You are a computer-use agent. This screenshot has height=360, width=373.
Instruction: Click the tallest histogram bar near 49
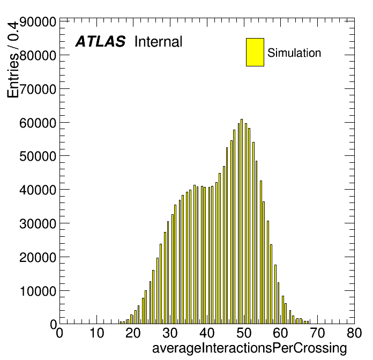pyautogui.click(x=242, y=221)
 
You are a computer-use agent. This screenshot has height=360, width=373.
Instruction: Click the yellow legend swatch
pyautogui.click(x=255, y=52)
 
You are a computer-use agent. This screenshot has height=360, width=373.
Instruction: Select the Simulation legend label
pyautogui.click(x=294, y=53)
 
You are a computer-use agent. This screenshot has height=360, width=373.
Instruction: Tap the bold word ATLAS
pyautogui.click(x=100, y=41)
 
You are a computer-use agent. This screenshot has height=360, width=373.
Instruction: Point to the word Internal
pyautogui.click(x=159, y=42)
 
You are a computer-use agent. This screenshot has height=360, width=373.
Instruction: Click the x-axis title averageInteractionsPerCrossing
pyautogui.click(x=250, y=348)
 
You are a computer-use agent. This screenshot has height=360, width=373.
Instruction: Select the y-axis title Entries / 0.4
pyautogui.click(x=13, y=59)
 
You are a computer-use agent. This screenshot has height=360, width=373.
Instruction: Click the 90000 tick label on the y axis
pyautogui.click(x=38, y=22)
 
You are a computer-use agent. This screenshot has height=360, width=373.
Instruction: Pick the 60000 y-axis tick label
pyautogui.click(x=38, y=123)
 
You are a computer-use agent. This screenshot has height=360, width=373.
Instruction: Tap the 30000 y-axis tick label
pyautogui.click(x=38, y=224)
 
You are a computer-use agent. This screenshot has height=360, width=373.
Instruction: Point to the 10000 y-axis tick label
pyautogui.click(x=38, y=291)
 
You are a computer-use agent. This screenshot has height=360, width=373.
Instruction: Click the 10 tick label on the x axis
pyautogui.click(x=96, y=333)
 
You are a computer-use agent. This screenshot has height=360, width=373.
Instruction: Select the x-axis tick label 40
pyautogui.click(x=207, y=333)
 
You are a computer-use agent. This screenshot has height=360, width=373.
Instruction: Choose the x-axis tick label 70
pyautogui.click(x=317, y=333)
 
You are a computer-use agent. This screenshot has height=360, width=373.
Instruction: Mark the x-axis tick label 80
pyautogui.click(x=354, y=333)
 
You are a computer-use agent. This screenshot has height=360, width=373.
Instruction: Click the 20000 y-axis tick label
pyautogui.click(x=38, y=257)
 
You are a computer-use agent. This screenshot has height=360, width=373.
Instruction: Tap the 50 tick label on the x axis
pyautogui.click(x=244, y=333)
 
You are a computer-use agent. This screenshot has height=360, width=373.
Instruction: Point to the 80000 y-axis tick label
pyautogui.click(x=38, y=56)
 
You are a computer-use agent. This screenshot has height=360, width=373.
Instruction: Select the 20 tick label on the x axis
pyautogui.click(x=133, y=333)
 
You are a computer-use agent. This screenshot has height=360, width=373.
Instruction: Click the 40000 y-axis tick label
pyautogui.click(x=38, y=190)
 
